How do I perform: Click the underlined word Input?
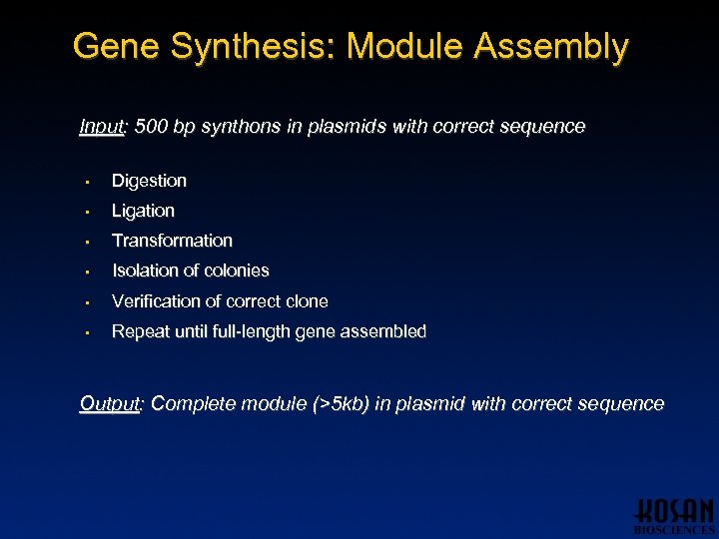(x=101, y=127)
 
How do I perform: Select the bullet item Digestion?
(x=149, y=181)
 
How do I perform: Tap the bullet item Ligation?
(x=143, y=211)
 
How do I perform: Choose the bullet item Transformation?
(x=172, y=241)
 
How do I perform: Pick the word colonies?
(x=236, y=270)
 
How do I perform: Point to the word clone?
(x=306, y=301)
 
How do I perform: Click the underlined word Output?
(x=110, y=404)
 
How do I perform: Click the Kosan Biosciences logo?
(x=674, y=515)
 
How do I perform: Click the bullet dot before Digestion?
(x=88, y=182)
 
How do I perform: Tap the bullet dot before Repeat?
(x=88, y=332)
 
